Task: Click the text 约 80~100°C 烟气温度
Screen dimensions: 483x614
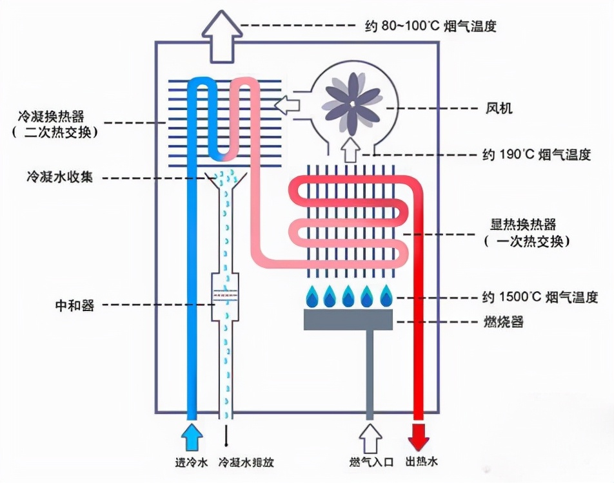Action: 430,26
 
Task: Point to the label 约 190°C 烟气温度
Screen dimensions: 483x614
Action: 537,155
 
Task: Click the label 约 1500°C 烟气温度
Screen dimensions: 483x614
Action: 537,297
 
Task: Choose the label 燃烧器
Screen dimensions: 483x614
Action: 503,321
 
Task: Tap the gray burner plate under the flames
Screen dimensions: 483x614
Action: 348,319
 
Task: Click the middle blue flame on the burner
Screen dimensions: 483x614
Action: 348,297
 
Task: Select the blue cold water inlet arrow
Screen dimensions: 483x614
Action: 192,436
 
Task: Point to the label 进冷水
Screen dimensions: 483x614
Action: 192,462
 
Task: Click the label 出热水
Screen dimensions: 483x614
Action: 422,462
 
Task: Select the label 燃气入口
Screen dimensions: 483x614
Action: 371,462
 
